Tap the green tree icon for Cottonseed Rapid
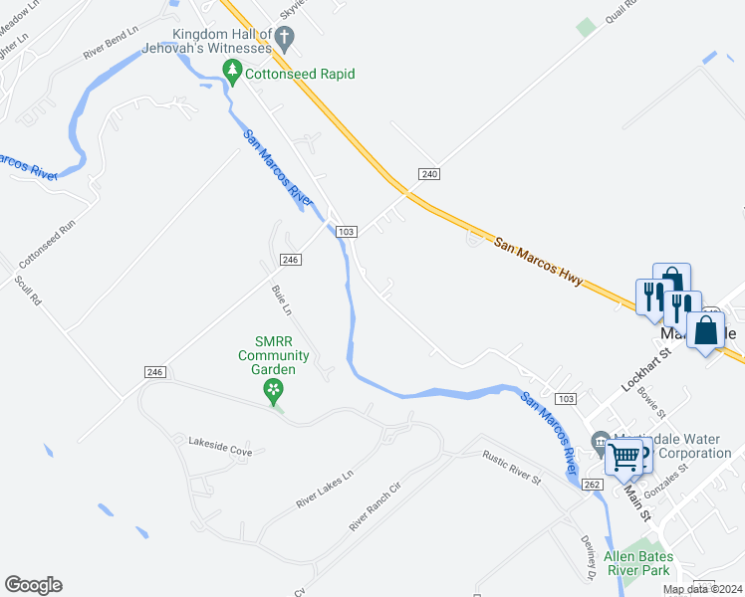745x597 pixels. point(232,72)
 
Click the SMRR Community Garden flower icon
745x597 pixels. point(271,393)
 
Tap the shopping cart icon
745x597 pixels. point(624,458)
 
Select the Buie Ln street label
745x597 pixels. point(282,300)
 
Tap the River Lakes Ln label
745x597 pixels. point(325,491)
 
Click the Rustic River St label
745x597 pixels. point(511,468)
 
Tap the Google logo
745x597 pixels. point(33,585)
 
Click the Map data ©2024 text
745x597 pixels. point(703,589)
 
